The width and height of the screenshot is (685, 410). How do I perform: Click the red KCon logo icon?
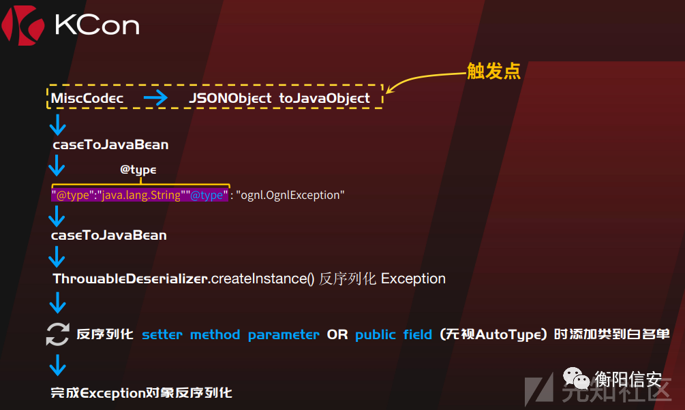click(x=22, y=25)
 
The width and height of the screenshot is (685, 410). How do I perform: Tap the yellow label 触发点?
click(x=493, y=72)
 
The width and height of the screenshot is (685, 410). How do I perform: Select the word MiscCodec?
click(x=87, y=98)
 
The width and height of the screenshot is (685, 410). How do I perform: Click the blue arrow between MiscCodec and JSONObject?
click(x=156, y=98)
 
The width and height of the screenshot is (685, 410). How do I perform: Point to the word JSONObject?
click(x=230, y=98)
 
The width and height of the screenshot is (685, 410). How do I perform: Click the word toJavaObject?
click(x=324, y=98)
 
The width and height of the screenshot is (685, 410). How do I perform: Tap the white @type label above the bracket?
click(x=138, y=170)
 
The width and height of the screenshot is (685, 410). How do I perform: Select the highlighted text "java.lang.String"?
click(x=141, y=195)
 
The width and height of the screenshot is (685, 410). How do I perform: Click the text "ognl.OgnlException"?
click(x=291, y=195)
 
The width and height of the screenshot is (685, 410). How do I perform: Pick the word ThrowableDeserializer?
click(x=130, y=279)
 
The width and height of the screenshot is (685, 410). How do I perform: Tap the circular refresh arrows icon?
click(x=57, y=334)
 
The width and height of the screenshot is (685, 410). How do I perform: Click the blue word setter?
click(x=162, y=334)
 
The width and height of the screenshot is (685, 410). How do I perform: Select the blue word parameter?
click(x=284, y=334)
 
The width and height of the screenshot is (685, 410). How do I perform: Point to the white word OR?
click(x=337, y=334)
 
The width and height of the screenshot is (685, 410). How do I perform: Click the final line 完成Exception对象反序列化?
click(x=141, y=392)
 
